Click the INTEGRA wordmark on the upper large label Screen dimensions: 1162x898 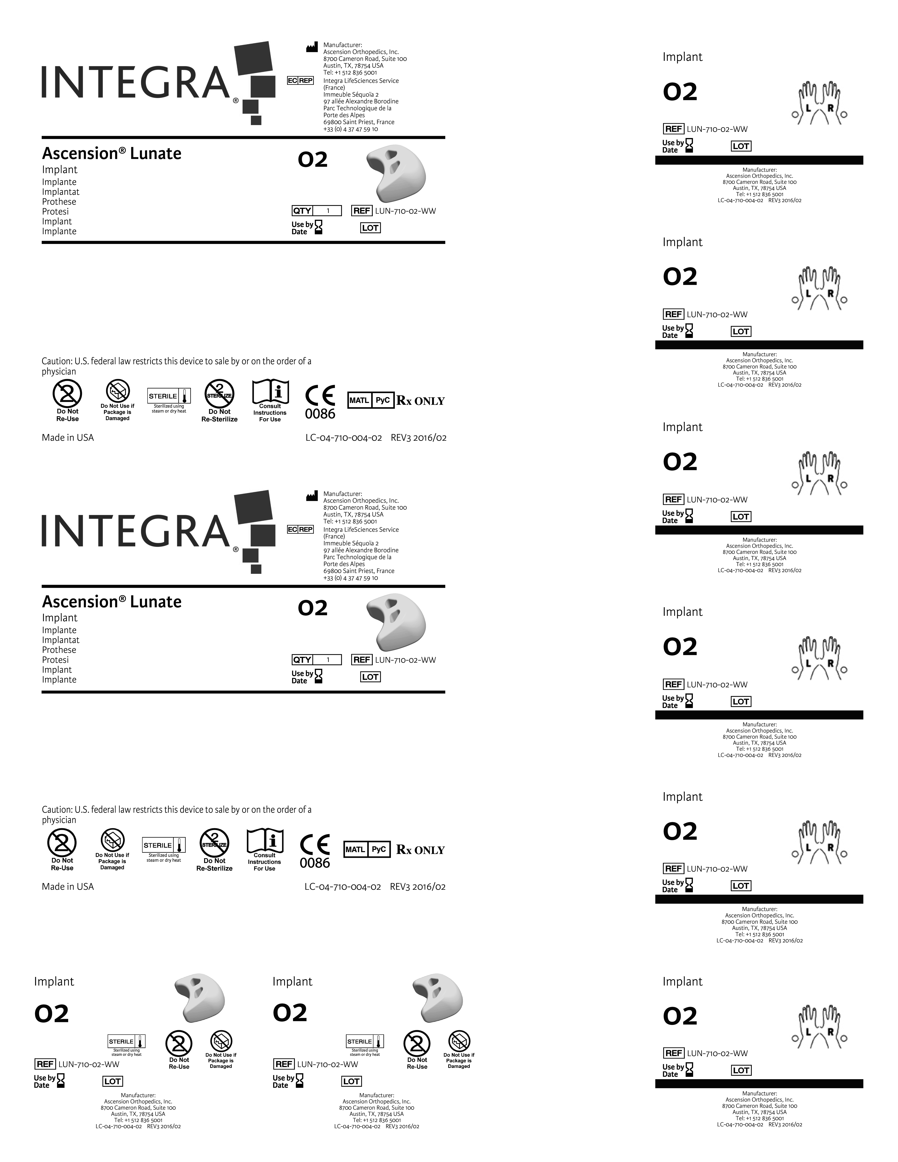point(136,83)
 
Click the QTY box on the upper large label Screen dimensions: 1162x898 point(317,211)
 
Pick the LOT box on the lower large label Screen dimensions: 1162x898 point(370,677)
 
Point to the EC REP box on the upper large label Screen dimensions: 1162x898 point(300,80)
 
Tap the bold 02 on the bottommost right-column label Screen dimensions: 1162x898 point(680,1016)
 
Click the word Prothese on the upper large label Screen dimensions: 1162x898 point(59,202)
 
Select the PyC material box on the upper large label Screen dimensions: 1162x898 point(383,400)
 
